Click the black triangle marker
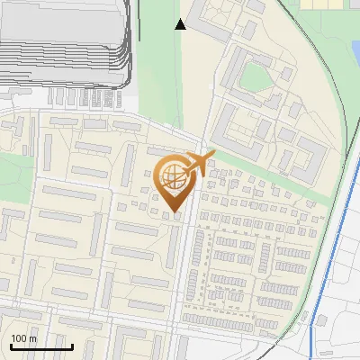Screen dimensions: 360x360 pyautogui.click(x=181, y=24)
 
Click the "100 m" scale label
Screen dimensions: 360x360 pyautogui.click(x=23, y=338)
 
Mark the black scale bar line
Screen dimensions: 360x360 pyautogui.click(x=40, y=346)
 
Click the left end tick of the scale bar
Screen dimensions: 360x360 pyautogui.click(x=10, y=345)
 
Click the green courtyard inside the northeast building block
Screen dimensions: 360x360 pyautogui.click(x=256, y=78)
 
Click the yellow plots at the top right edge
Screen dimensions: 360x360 pyautogui.click(x=328, y=4)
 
